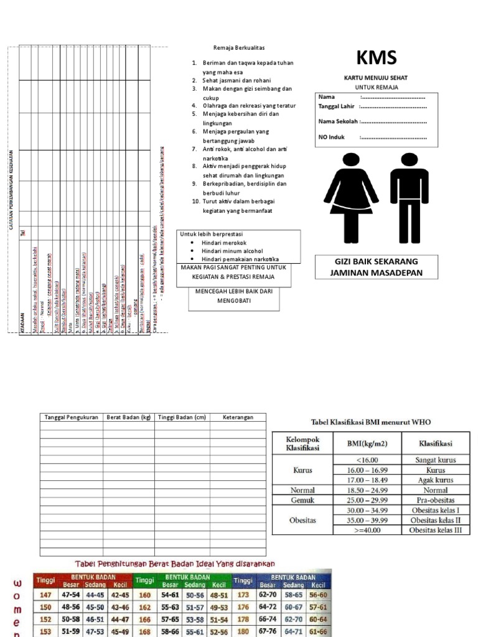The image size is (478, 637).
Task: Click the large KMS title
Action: click(376, 58)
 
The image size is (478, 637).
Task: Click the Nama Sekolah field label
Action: click(338, 121)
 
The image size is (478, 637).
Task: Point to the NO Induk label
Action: click(332, 137)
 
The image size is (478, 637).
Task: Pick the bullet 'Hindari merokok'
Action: click(224, 243)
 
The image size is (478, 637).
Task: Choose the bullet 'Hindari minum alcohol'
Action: click(232, 251)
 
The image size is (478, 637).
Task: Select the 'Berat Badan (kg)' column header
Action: click(128, 417)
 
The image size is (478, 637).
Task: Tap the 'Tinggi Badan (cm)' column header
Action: click(182, 417)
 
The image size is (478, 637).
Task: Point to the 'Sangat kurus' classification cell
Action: click(435, 460)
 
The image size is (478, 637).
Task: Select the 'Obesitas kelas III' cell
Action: click(435, 530)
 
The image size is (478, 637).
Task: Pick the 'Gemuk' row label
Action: click(302, 500)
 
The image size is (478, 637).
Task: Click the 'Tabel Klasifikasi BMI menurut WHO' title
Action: click(370, 422)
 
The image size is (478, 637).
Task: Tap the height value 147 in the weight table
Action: click(45, 595)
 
